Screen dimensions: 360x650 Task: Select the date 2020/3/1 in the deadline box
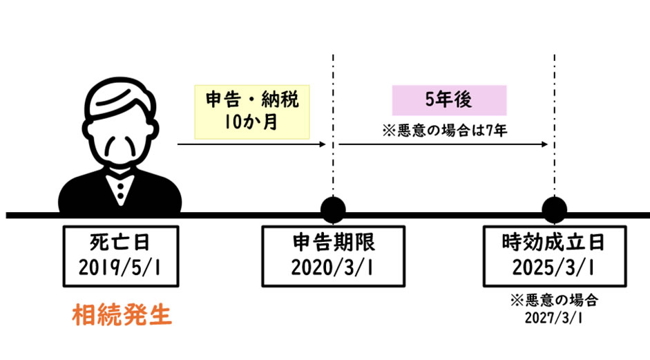[333, 267]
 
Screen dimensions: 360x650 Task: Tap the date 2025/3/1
[554, 267]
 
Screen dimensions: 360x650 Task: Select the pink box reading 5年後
[449, 100]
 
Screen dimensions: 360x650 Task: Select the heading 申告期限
[333, 243]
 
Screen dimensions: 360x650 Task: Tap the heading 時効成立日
[554, 243]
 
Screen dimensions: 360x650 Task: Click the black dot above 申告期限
[333, 209]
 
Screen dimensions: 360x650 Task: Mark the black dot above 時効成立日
[554, 209]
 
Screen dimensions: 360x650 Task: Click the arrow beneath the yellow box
[251, 144]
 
